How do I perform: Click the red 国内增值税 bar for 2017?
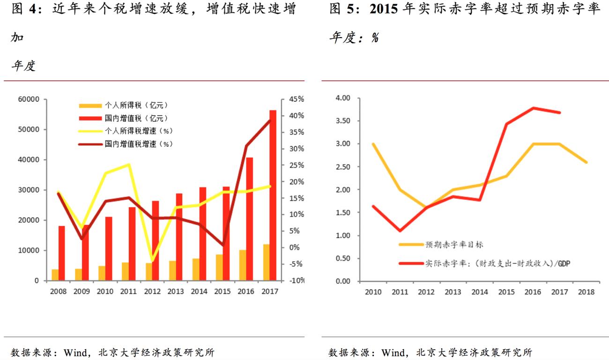273,195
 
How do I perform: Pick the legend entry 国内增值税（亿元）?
136,118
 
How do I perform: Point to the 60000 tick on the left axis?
29,99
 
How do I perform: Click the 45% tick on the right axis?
296,99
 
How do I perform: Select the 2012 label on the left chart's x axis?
152,292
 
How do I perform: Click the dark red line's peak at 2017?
270,120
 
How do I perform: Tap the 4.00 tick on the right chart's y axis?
343,98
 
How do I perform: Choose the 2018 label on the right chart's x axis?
586,292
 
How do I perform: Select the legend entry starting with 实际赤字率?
497,263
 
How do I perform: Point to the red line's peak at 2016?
533,108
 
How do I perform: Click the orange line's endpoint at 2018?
587,162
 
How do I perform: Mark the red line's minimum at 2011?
400,231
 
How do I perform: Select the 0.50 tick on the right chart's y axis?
343,258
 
